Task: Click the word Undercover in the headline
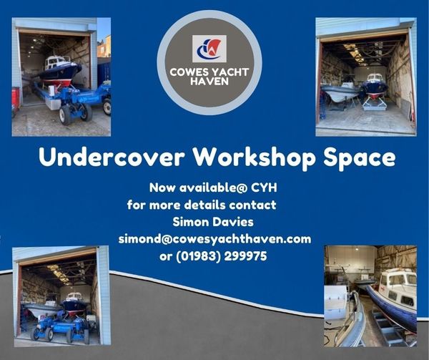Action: pyautogui.click(x=112, y=157)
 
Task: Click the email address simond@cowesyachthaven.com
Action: pyautogui.click(x=214, y=239)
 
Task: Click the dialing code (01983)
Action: pyautogui.click(x=198, y=256)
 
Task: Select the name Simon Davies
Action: pyautogui.click(x=213, y=222)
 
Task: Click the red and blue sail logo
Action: pyautogui.click(x=209, y=49)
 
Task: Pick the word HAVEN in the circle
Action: pyautogui.click(x=209, y=82)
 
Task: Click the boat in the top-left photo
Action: pyautogui.click(x=59, y=71)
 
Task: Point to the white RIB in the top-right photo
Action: pyautogui.click(x=340, y=92)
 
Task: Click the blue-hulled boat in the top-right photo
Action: pyautogui.click(x=375, y=86)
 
